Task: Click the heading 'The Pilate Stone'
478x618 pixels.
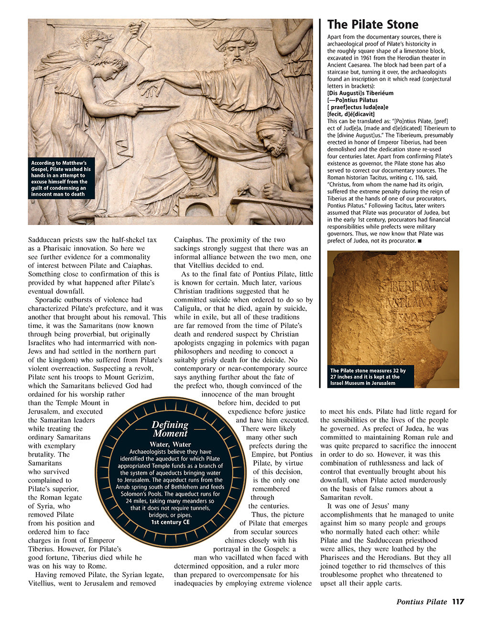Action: (372, 25)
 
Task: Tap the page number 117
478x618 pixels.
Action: (458, 602)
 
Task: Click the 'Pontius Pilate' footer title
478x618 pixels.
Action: (422, 602)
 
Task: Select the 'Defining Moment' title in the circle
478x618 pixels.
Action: (170, 429)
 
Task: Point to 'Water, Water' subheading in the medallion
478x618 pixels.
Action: (170, 444)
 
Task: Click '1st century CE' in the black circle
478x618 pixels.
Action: (170, 522)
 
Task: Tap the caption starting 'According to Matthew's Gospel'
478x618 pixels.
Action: (61, 179)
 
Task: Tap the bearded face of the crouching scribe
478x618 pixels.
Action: (274, 139)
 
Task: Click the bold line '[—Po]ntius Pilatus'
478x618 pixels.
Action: (352, 100)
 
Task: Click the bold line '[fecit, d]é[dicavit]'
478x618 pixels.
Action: (351, 114)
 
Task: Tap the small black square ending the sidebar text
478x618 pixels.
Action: (419, 241)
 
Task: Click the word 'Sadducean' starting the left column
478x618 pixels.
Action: (45, 240)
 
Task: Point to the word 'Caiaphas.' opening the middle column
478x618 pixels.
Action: (189, 240)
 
